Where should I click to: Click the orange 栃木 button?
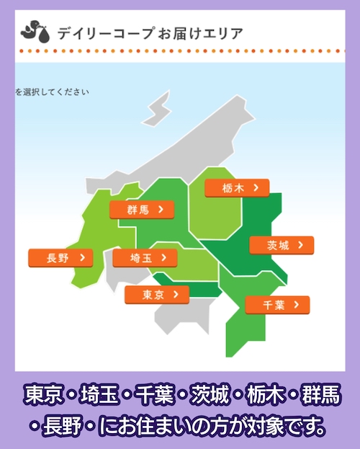click(x=237, y=188)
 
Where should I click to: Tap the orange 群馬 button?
click(x=141, y=210)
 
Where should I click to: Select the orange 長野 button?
click(x=60, y=258)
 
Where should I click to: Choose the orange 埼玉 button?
click(x=145, y=258)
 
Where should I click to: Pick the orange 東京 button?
click(x=156, y=295)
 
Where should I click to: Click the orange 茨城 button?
click(x=282, y=246)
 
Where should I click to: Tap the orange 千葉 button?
click(x=277, y=305)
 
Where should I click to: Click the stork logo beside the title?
click(x=35, y=32)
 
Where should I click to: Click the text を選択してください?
click(x=53, y=92)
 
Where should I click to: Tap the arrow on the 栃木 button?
click(x=256, y=188)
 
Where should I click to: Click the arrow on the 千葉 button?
click(x=297, y=305)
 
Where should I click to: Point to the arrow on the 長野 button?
click(x=83, y=258)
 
